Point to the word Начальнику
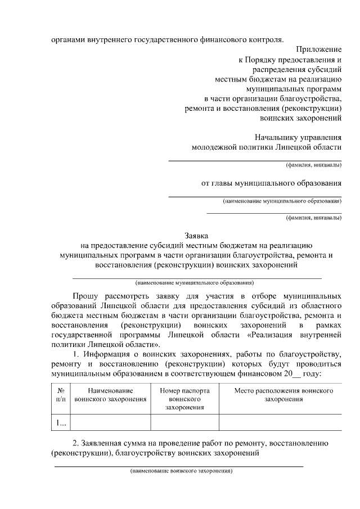click(276, 137)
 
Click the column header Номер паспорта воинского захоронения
click(184, 398)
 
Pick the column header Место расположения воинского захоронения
click(280, 394)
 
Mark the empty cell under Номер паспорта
click(184, 422)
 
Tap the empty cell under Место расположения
click(280, 422)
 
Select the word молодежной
click(214, 147)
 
